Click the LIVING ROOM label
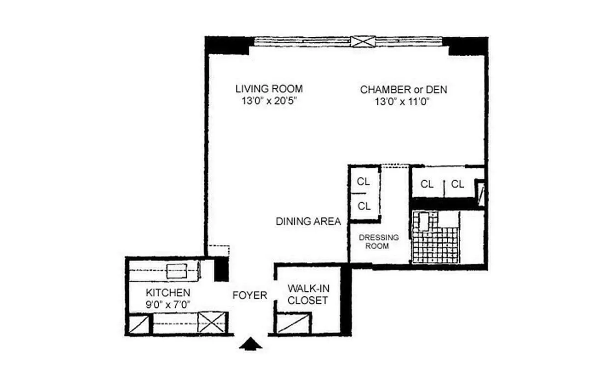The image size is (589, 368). tap(269, 89)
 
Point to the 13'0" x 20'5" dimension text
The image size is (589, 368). tap(269, 101)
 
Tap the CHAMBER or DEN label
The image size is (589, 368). tap(404, 89)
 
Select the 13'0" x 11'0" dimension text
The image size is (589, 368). tap(404, 101)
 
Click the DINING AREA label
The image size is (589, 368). tap(308, 221)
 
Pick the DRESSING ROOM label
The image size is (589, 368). tap(379, 241)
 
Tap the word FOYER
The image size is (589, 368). tap(250, 295)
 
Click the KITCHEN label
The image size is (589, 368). tap(168, 293)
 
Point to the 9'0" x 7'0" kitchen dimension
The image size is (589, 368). tap(168, 304)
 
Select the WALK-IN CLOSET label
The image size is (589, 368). tap(307, 294)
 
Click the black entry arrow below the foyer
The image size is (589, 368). tap(251, 345)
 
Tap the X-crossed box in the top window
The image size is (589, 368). tap(363, 41)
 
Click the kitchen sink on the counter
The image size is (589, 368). tap(176, 271)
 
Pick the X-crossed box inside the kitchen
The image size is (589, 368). tap(212, 322)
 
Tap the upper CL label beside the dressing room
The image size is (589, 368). tap(364, 181)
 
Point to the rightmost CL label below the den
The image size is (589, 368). tap(457, 184)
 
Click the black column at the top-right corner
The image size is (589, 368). tap(468, 46)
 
